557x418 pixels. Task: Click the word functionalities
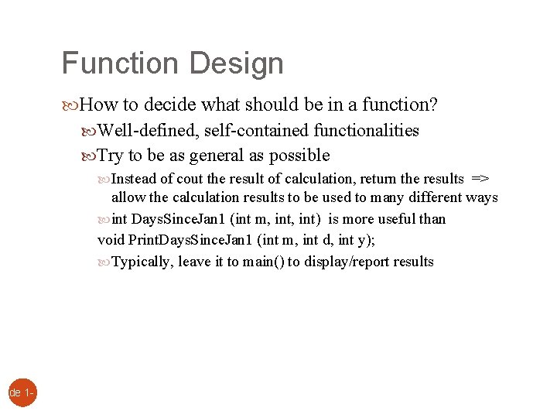pyautogui.click(x=364, y=130)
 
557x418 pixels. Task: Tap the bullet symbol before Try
pyautogui.click(x=89, y=156)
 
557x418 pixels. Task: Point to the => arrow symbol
pyautogui.click(x=480, y=179)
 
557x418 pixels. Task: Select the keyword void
pyautogui.click(x=111, y=240)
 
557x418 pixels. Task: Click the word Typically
pyautogui.click(x=142, y=262)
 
